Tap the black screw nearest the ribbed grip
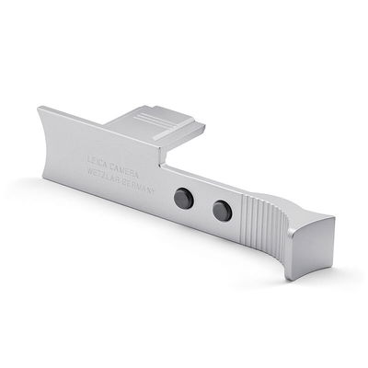pos(220,212)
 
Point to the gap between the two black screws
pos(202,204)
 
